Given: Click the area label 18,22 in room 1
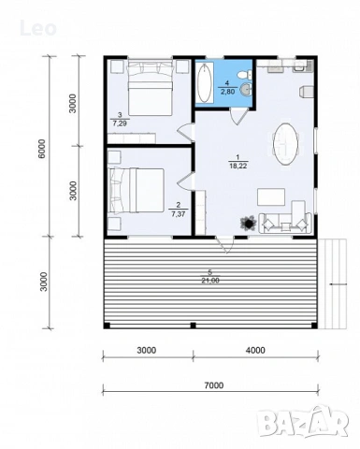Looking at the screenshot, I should [238, 164].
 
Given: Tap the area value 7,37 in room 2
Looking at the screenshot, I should [178, 213].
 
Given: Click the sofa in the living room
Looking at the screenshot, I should [285, 222].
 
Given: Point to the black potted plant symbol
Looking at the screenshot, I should [248, 222].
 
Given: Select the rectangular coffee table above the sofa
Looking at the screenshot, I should [272, 196].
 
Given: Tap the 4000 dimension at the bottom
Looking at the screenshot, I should [255, 350].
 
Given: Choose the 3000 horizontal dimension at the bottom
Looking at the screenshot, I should [146, 350].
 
